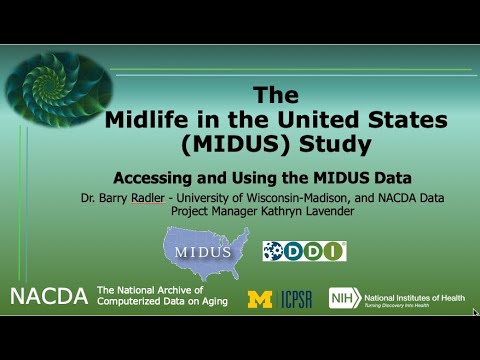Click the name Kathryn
(286, 211)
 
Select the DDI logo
(304, 251)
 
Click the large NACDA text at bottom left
(48, 296)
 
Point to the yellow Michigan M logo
(259, 298)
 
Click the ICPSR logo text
(297, 298)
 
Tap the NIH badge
(344, 297)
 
